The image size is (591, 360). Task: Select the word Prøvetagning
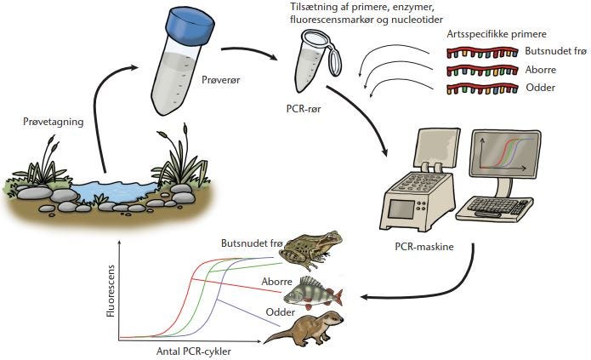click(x=54, y=122)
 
